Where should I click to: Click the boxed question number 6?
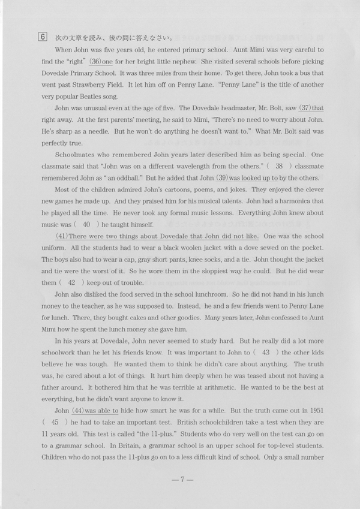click(x=42, y=36)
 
